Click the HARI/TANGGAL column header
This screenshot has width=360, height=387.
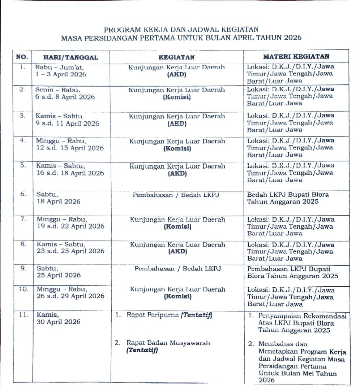70,57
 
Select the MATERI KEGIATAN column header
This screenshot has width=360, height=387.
296,56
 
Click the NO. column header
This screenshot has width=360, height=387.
22,57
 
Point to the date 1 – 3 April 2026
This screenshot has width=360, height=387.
61,74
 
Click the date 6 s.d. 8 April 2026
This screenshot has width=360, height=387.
65,97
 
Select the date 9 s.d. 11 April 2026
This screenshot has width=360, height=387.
68,123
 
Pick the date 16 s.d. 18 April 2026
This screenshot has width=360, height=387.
70,173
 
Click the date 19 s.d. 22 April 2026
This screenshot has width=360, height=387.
70,226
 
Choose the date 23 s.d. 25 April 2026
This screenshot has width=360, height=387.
70,251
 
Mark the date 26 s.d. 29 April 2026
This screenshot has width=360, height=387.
70,296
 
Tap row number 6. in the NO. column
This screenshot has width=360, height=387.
23,194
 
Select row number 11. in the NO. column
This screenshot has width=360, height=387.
23,314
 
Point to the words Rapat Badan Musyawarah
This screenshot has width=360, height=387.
168,343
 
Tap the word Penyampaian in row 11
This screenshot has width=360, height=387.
278,316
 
